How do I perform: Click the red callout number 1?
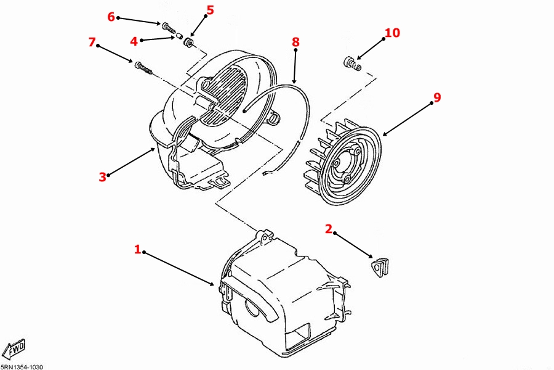137,249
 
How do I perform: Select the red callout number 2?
329,229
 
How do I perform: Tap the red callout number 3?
102,177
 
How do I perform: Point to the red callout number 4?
134,41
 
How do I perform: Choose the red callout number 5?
211,10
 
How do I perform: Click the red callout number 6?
111,16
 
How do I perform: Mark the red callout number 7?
92,42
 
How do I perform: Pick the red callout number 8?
295,42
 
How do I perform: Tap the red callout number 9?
437,97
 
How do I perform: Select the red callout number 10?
392,33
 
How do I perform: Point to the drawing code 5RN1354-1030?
22,367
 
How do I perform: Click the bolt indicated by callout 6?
169,28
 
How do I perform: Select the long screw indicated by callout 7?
143,68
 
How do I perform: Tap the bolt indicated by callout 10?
352,64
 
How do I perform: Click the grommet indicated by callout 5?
188,43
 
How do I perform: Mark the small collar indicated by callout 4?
179,36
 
